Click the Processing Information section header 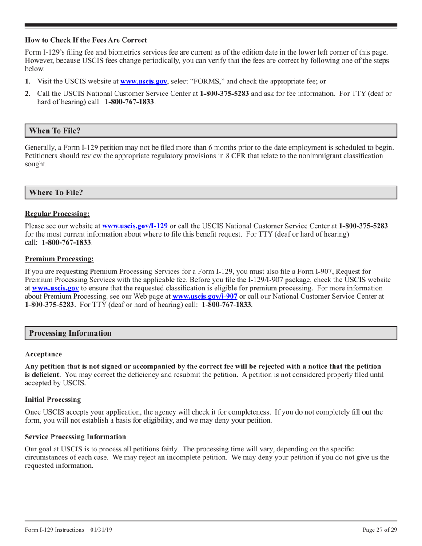click(x=70, y=333)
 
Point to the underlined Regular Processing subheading click(x=57, y=214)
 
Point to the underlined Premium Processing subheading click(x=60, y=258)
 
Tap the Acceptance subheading click(x=44, y=354)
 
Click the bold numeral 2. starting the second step click(x=28, y=94)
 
